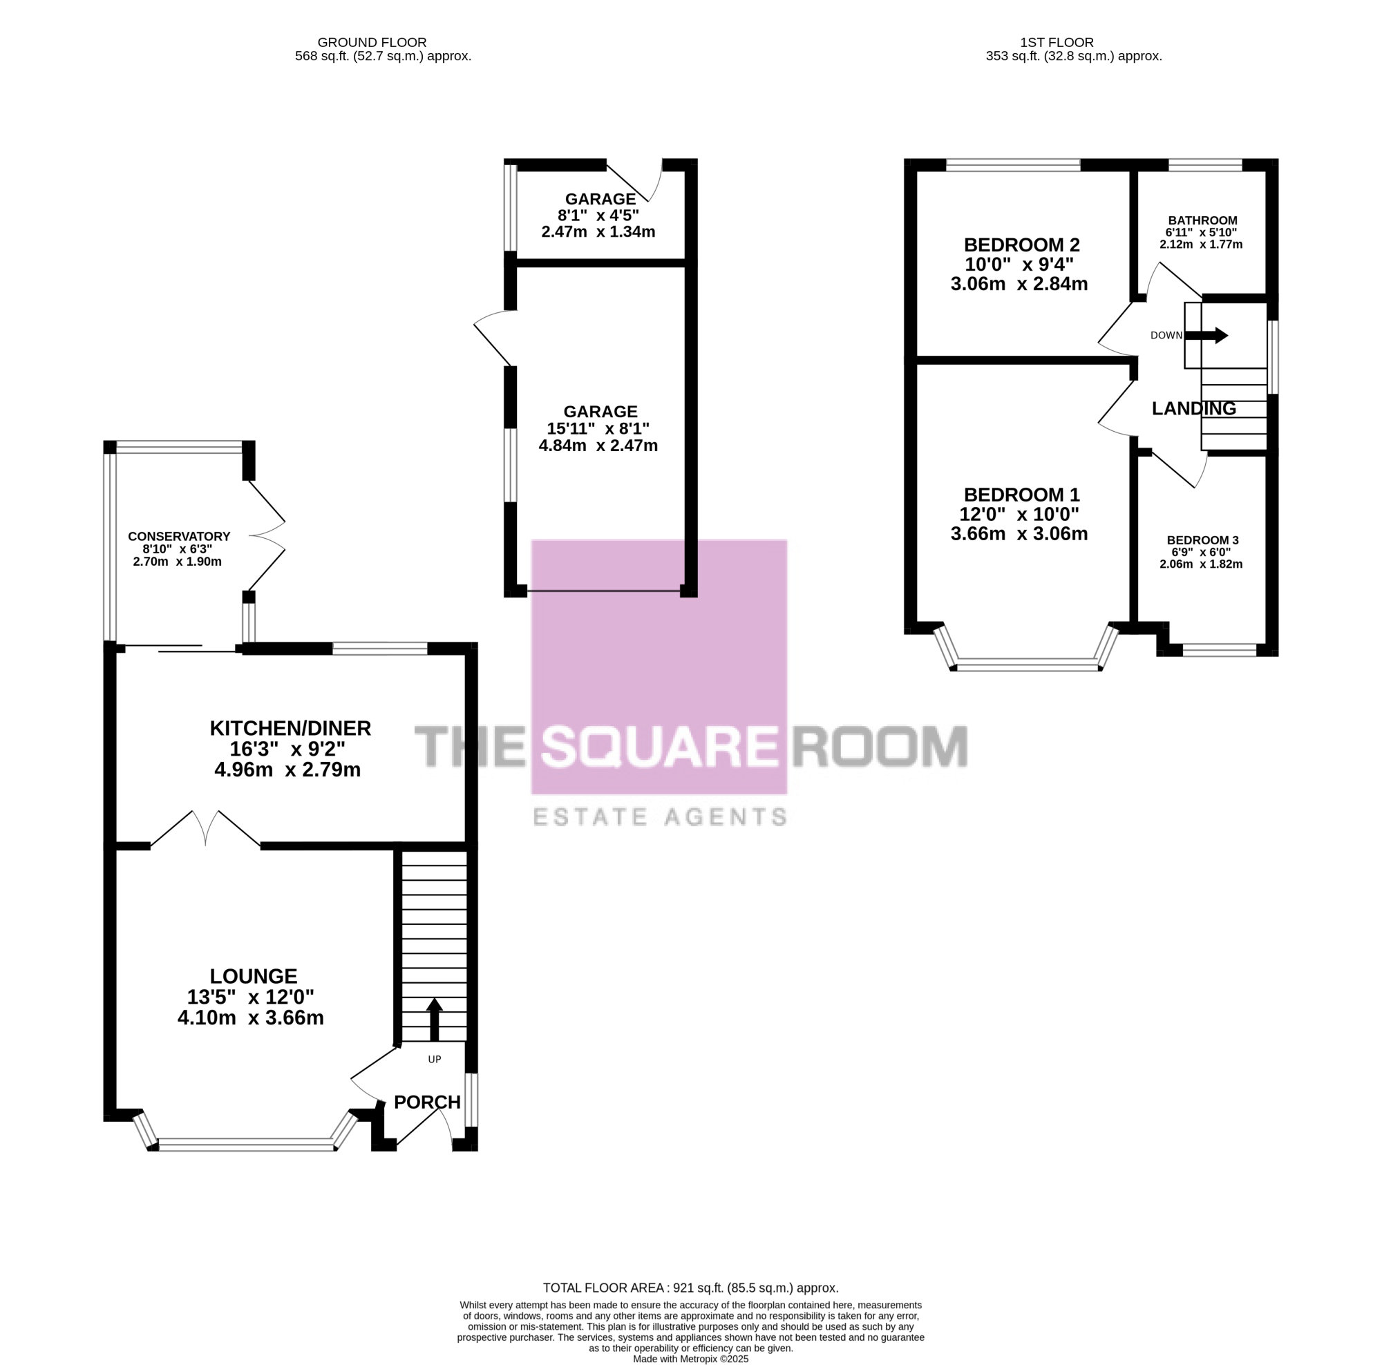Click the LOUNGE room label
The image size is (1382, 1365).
[x=253, y=976]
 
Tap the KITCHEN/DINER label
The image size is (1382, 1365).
[x=290, y=728]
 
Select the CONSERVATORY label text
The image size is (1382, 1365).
[x=179, y=536]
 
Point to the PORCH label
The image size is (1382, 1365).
[x=427, y=1102]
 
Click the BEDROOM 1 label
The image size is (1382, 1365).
[x=1021, y=494]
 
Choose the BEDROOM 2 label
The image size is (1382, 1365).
[x=1021, y=245]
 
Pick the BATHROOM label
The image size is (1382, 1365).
[x=1202, y=220]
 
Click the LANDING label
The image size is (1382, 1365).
[x=1194, y=408]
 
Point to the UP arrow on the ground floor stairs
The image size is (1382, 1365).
[x=434, y=1020]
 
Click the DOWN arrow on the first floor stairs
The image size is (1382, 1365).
[x=1206, y=335]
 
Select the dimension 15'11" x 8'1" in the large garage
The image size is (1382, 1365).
[x=598, y=428]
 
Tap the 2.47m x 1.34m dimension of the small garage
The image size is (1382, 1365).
[x=598, y=231]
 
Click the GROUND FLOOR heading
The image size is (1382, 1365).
[x=372, y=43]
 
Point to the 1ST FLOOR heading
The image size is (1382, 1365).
[x=1057, y=43]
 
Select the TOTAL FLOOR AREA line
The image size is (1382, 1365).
[x=690, y=1288]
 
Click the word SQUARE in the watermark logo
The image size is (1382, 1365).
[x=659, y=747]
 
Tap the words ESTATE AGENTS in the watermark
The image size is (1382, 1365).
[x=659, y=817]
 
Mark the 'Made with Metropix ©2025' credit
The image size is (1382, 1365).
[x=690, y=1359]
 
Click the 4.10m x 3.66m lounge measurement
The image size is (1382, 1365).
[x=250, y=1018]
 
